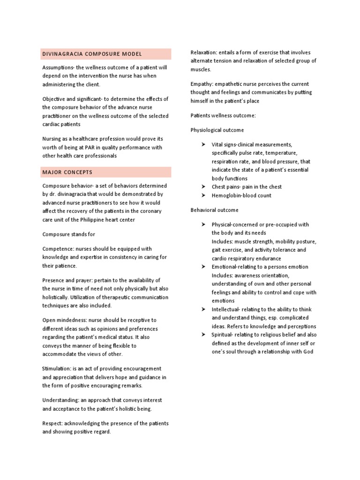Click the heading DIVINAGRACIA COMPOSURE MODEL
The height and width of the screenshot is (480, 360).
coord(92,54)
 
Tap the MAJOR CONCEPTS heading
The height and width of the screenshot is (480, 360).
coord(67,172)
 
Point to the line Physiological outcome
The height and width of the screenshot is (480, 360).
coord(217,130)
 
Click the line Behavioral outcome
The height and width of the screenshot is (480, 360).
coord(214,210)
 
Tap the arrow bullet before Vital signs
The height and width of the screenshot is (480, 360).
coord(203,144)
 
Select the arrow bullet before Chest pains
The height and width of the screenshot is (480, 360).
coord(203,187)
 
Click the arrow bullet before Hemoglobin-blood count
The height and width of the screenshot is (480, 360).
coord(203,195)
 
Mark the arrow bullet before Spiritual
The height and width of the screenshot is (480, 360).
coord(203,335)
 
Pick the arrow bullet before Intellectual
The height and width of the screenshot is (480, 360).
coord(203,309)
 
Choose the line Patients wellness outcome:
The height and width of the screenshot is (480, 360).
coord(223,115)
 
